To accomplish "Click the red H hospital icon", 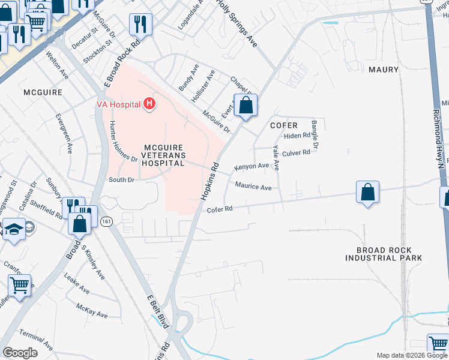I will [149, 104].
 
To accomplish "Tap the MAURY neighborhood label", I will [383, 70].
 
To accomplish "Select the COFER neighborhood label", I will [284, 125].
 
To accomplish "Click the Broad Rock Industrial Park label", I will [384, 254].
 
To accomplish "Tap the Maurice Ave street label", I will [253, 187].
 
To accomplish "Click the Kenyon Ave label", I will [252, 166].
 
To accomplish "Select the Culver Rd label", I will [296, 153].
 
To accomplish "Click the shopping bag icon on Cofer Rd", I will [368, 193].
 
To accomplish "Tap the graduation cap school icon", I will [14, 229].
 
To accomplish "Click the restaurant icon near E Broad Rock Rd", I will [140, 25].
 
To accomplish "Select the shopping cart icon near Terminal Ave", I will [20, 286].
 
